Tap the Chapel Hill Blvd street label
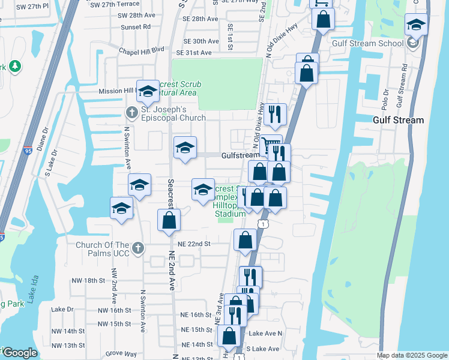142,51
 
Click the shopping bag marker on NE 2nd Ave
169,220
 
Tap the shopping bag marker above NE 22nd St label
245,240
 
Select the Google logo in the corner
20,353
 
